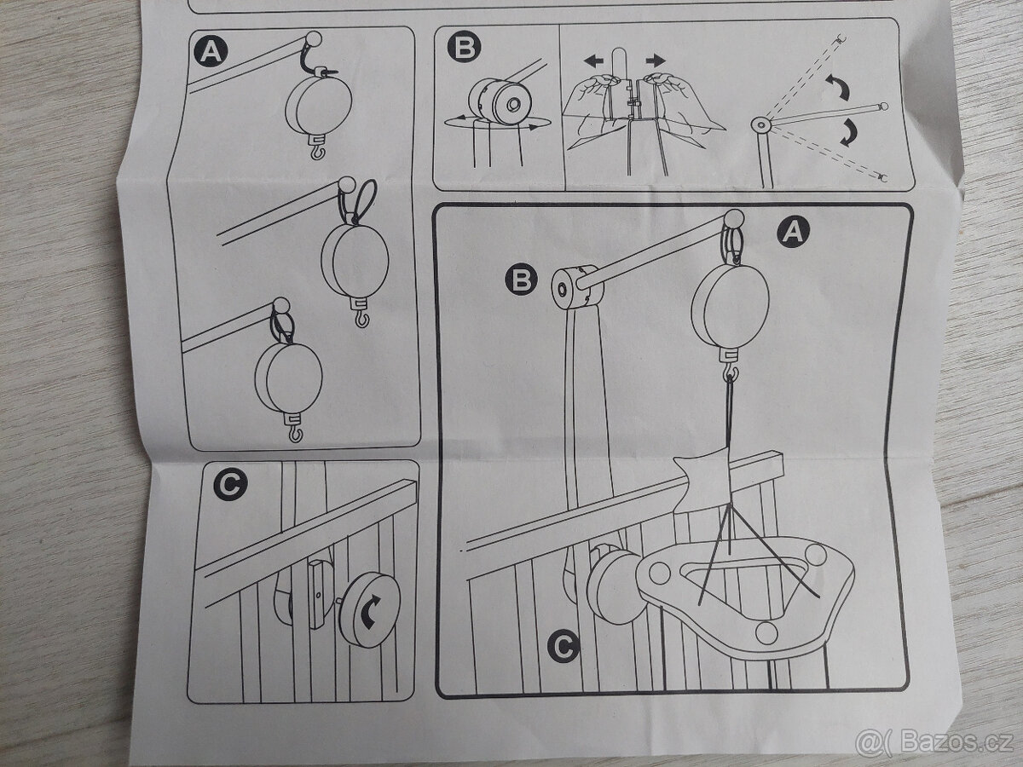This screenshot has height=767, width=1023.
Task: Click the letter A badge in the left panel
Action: click(x=211, y=51)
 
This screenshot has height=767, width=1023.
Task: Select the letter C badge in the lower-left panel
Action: click(x=230, y=485)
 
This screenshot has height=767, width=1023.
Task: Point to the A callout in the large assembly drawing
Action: click(x=793, y=232)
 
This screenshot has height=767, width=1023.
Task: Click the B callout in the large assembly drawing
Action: click(x=521, y=280)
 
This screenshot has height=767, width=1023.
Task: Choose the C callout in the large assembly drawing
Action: click(x=564, y=646)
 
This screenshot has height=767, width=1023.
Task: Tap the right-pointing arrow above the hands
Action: click(x=656, y=60)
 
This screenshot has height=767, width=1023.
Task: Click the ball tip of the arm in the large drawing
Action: click(x=734, y=218)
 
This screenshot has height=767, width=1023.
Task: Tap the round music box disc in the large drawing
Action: click(x=730, y=305)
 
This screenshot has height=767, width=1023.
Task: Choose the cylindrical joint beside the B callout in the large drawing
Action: click(x=577, y=287)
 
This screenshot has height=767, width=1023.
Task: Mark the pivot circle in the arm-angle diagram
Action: click(x=760, y=124)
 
